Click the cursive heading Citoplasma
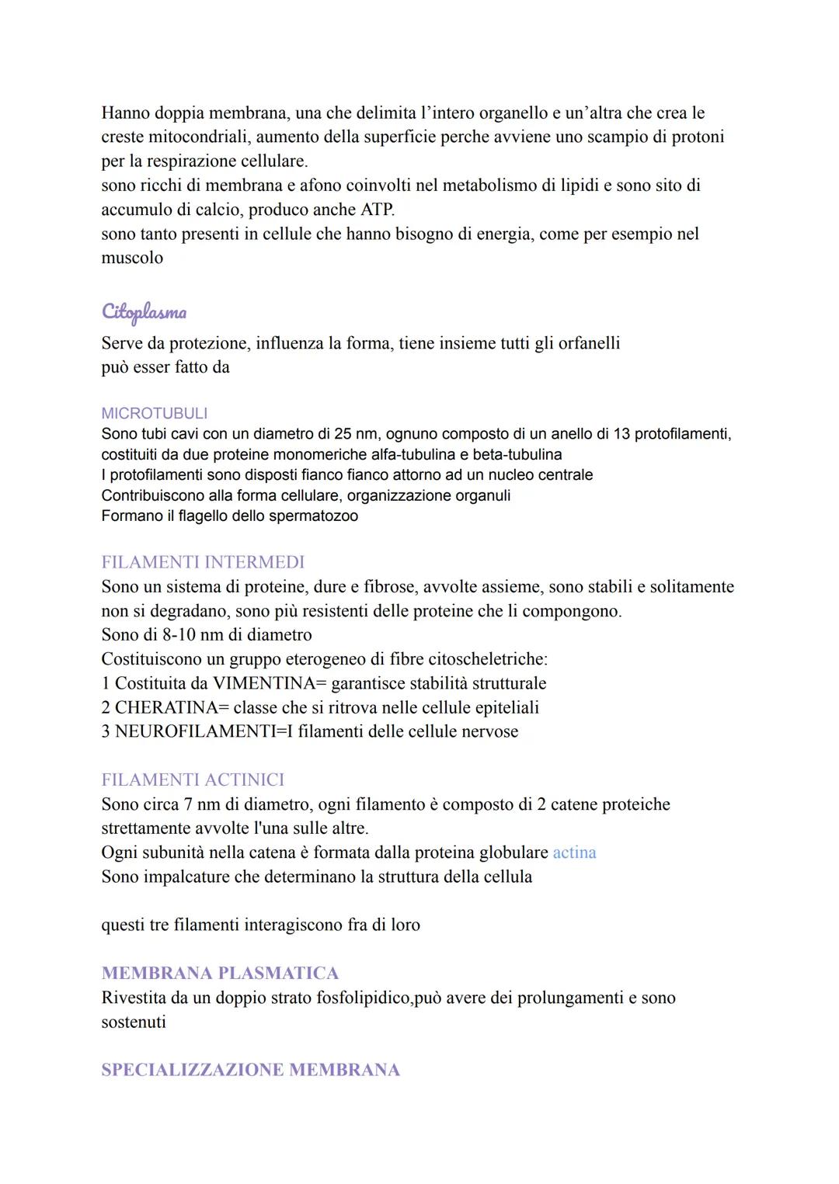pos(144,312)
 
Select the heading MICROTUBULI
pos(154,413)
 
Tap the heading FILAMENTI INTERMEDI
pos(203,561)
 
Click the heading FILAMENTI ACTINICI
pos(193,779)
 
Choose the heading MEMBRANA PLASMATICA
pos(220,973)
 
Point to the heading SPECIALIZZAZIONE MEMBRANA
pos(250,1070)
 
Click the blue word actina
pos(574,852)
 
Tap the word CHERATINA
pos(165,707)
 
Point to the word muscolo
pos(132,258)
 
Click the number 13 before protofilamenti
pos(621,433)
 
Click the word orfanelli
pos(589,343)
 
